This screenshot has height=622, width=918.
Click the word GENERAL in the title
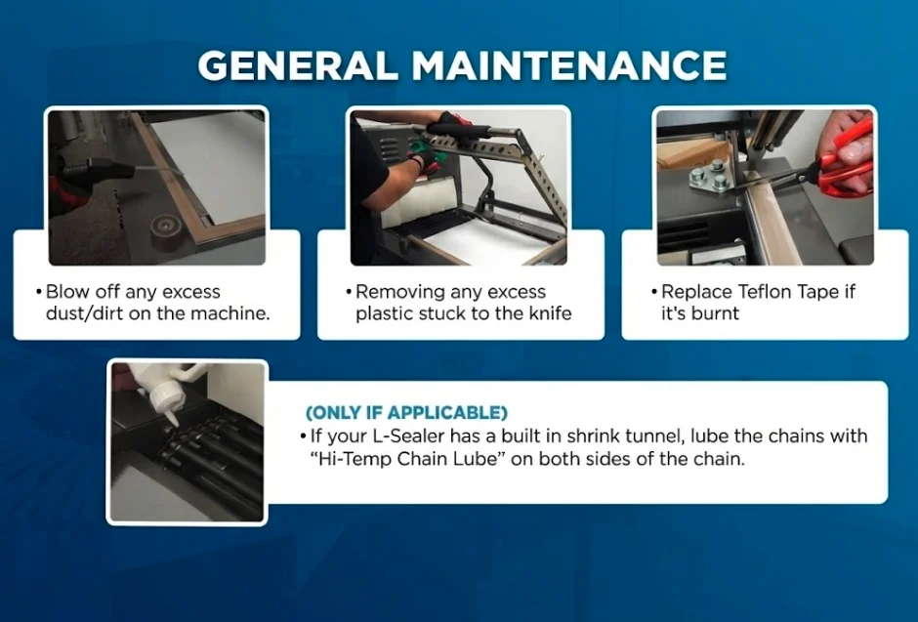pos(299,64)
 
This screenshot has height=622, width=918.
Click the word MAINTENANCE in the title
pos(569,64)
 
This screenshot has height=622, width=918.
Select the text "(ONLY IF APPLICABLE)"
pos(406,412)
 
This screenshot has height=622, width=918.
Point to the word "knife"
pos(550,313)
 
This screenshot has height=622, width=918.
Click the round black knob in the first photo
pos(167,232)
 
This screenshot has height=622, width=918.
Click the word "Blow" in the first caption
pos(66,291)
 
